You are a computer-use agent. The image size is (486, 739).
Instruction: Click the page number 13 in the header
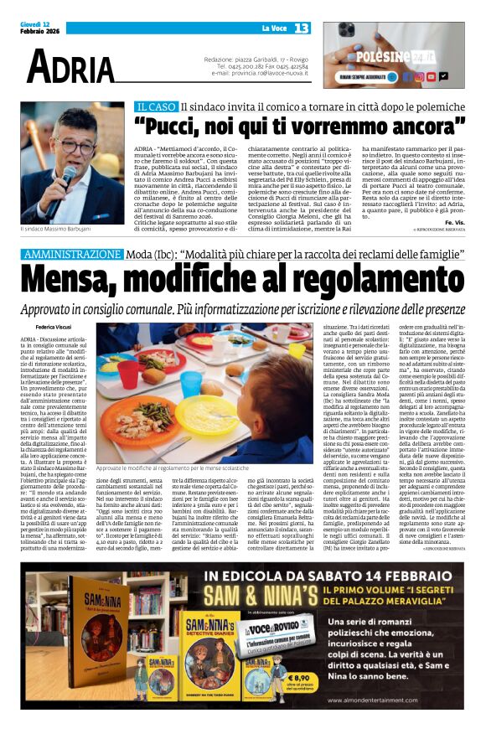[x=301, y=29]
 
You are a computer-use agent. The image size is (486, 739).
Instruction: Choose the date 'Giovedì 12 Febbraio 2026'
[x=39, y=28]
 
